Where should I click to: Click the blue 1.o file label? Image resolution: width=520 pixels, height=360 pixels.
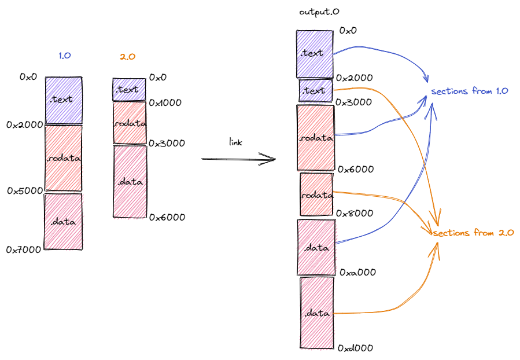pyautogui.click(x=64, y=56)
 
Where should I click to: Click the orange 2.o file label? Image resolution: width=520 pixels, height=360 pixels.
pyautogui.click(x=127, y=57)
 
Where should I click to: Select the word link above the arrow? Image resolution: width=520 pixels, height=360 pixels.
pyautogui.click(x=235, y=142)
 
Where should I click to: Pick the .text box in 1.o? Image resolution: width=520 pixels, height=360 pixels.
pyautogui.click(x=64, y=100)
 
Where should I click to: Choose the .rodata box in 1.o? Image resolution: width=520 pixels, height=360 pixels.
pyautogui.click(x=64, y=157)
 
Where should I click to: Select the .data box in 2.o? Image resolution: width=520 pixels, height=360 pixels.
pyautogui.click(x=130, y=181)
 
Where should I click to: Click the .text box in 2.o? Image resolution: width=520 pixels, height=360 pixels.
pyautogui.click(x=129, y=89)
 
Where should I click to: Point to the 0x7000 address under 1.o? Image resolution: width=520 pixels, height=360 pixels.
pyautogui.click(x=23, y=249)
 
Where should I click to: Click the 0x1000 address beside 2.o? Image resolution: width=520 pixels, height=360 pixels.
pyautogui.click(x=165, y=103)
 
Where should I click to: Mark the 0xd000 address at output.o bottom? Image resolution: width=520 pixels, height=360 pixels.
pyautogui.click(x=355, y=348)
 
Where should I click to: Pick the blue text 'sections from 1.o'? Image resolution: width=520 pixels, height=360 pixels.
pyautogui.click(x=470, y=91)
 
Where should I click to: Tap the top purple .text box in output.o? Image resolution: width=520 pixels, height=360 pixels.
pyautogui.click(x=315, y=53)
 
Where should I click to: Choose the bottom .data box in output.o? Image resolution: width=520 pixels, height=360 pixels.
pyautogui.click(x=317, y=313)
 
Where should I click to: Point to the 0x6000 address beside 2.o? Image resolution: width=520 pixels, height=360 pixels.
pyautogui.click(x=167, y=217)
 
